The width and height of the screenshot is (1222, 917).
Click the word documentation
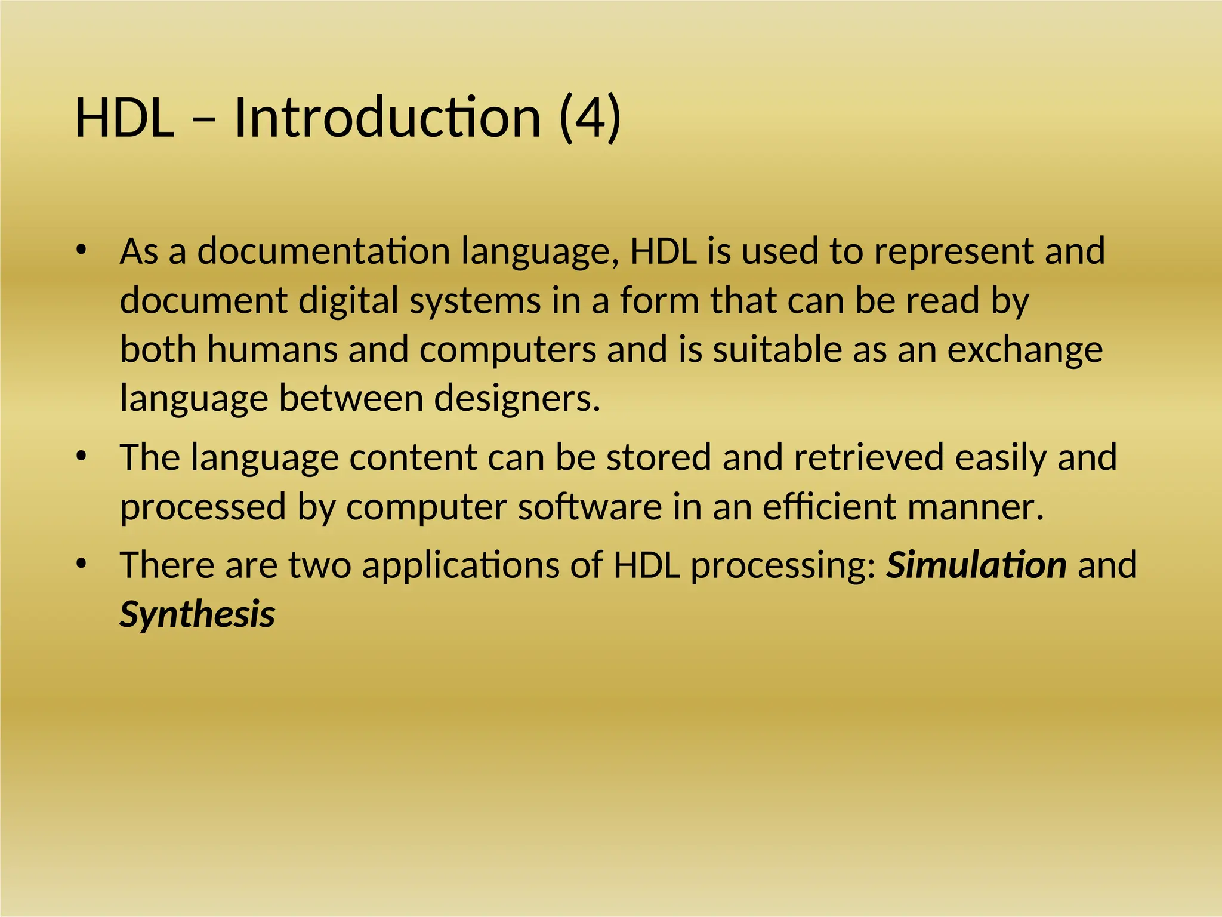[323, 251]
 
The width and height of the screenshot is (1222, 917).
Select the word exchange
[1024, 350]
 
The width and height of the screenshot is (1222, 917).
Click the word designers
[517, 398]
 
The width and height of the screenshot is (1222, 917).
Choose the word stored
[658, 458]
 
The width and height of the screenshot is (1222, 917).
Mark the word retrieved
[869, 458]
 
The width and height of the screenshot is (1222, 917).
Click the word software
[590, 507]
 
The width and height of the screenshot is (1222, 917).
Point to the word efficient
[829, 507]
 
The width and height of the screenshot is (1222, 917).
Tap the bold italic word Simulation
[976, 565]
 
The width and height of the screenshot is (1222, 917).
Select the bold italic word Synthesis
[197, 615]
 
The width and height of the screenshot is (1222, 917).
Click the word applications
[461, 567]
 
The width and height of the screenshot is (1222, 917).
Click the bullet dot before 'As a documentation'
[82, 250]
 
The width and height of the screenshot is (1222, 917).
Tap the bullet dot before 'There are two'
[82, 564]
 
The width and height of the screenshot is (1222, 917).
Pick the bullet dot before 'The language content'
[82, 457]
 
